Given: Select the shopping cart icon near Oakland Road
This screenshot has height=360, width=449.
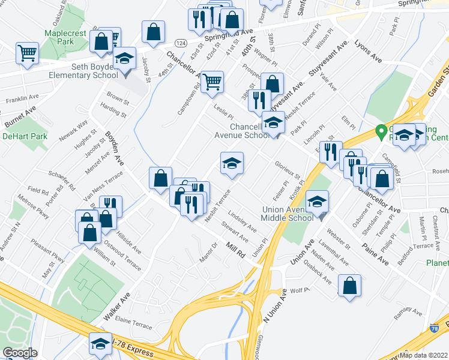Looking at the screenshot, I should pyautogui.click(x=28, y=53).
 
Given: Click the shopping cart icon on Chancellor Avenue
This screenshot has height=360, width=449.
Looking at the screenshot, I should pyautogui.click(x=212, y=82).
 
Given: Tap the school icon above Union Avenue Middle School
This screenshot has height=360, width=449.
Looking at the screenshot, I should pyautogui.click(x=317, y=202).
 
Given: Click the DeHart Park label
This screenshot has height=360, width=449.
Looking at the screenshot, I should pyautogui.click(x=16, y=137).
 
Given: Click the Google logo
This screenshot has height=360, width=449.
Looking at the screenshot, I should pyautogui.click(x=20, y=353).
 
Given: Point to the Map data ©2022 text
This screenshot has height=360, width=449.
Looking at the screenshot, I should pyautogui.click(x=424, y=355).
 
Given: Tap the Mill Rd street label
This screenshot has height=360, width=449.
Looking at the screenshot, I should pyautogui.click(x=236, y=250).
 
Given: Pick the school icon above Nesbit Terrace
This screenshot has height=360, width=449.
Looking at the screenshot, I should pyautogui.click(x=232, y=163).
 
